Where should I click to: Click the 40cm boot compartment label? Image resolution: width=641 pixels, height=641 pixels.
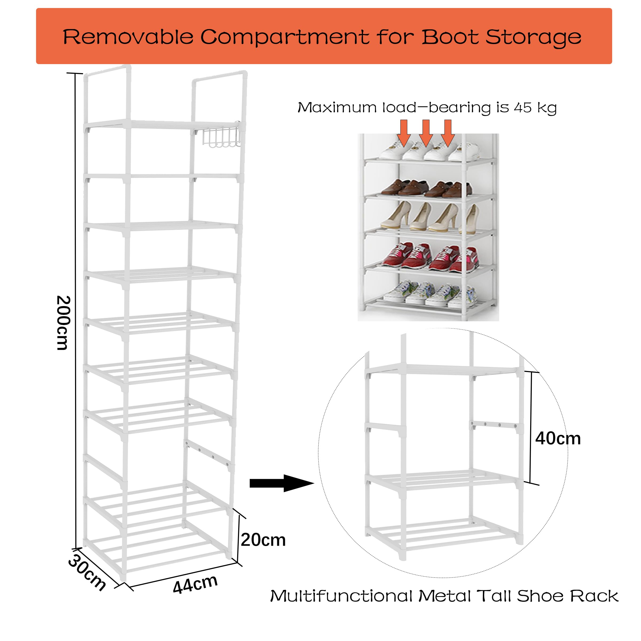(x=558, y=439)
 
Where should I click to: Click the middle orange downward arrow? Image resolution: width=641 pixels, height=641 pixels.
(x=426, y=133)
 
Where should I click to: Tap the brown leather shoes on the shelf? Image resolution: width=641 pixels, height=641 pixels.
(x=426, y=188)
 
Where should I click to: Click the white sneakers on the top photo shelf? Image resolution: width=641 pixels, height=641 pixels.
(x=430, y=151)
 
